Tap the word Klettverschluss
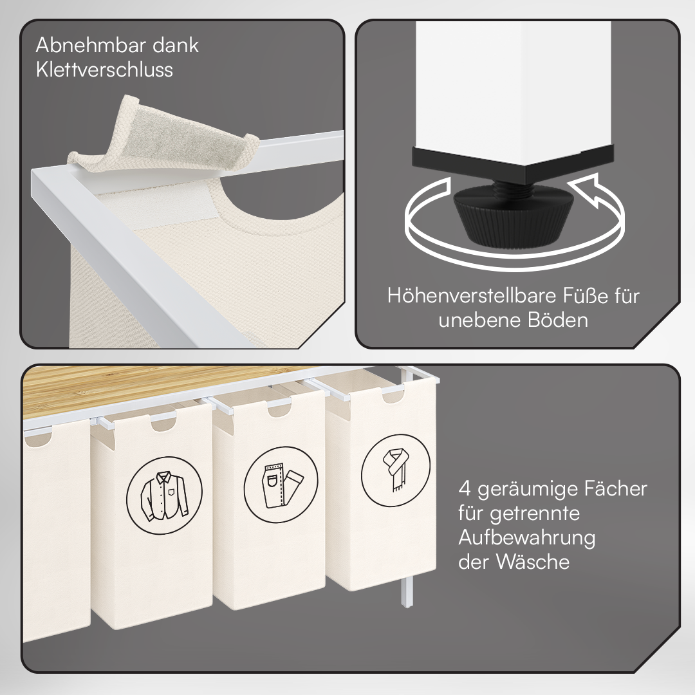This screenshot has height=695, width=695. click(x=105, y=69)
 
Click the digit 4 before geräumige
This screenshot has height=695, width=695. click(x=465, y=489)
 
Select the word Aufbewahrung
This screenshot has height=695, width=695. click(x=526, y=537)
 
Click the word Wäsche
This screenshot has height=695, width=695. click(x=533, y=562)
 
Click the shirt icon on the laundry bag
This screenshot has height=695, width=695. click(x=165, y=495)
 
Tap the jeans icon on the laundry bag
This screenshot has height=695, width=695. click(x=281, y=484)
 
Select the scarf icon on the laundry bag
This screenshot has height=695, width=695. click(x=396, y=470)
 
